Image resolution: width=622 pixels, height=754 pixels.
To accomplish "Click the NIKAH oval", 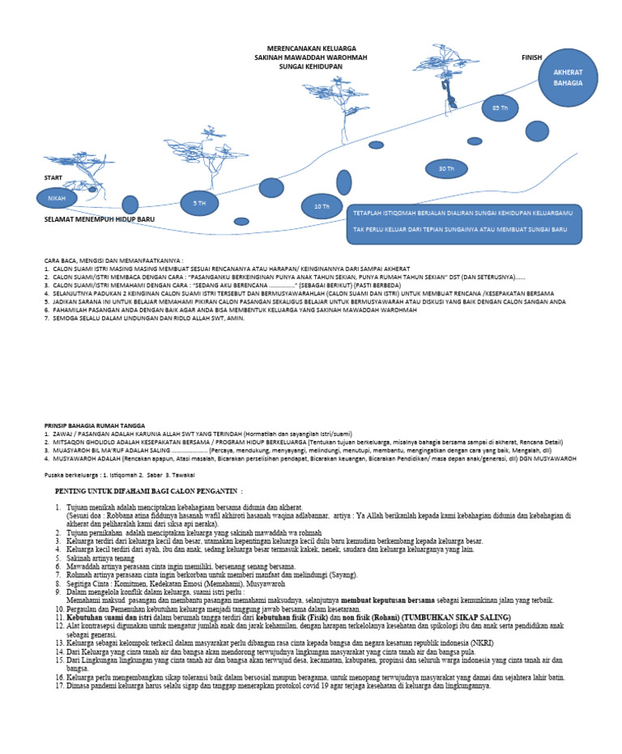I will click(x=57, y=198).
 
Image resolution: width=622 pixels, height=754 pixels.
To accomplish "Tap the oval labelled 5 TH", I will click(x=199, y=204).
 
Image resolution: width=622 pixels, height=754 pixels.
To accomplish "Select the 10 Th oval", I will click(x=322, y=206).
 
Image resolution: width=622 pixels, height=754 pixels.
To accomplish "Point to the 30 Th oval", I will click(x=446, y=169).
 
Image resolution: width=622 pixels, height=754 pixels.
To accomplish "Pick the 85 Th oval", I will click(x=500, y=108).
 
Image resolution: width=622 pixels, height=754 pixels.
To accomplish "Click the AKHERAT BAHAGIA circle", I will click(x=568, y=78).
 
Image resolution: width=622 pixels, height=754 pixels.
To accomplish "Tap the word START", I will click(x=53, y=177).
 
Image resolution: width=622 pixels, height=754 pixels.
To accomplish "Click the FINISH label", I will click(x=531, y=58).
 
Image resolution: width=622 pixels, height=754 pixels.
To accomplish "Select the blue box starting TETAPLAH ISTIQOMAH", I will click(x=464, y=224).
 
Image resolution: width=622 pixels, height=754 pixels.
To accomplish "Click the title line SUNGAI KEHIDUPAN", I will click(x=310, y=67).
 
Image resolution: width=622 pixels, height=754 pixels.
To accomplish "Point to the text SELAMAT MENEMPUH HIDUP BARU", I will click(x=99, y=219).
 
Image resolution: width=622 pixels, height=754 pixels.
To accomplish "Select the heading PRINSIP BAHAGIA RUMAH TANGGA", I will click(x=94, y=425).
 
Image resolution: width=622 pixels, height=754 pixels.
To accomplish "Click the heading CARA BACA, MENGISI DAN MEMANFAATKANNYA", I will click(x=113, y=261).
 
